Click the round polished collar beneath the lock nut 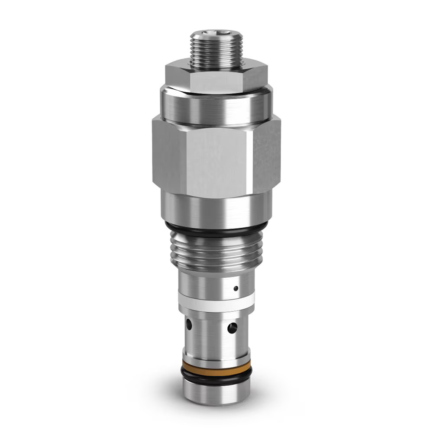[x=216, y=106]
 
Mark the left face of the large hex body [x=167, y=158]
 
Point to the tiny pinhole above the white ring [x=236, y=288]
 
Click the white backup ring [x=216, y=301]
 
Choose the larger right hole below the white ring [x=233, y=328]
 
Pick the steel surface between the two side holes [x=210, y=327]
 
